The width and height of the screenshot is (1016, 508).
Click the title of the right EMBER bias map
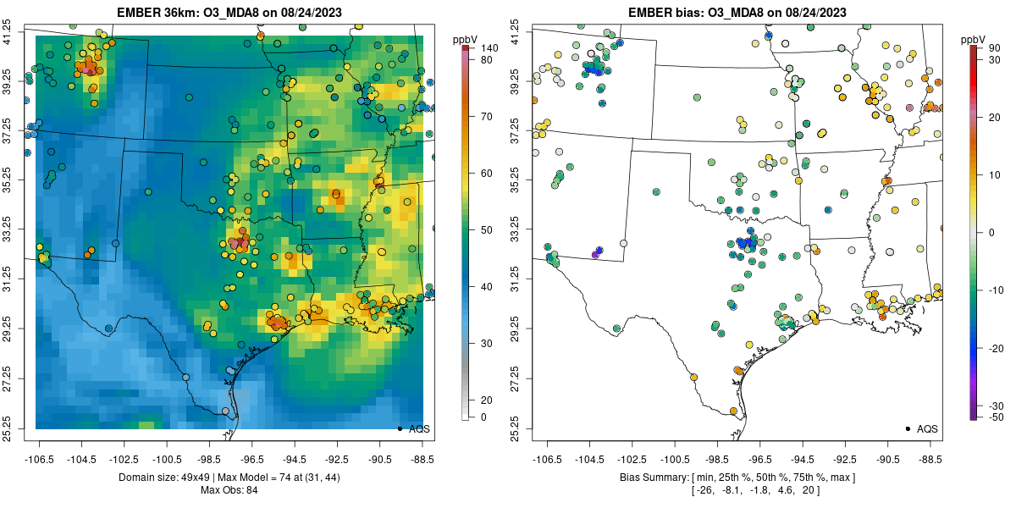[737, 13]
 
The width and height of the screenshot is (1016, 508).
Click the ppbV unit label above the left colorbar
[464, 39]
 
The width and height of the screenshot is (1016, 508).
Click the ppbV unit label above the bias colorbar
[973, 39]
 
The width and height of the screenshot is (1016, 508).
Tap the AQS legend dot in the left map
[400, 429]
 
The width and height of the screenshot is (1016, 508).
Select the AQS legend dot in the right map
[908, 429]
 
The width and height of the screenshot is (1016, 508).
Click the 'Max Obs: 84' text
[229, 490]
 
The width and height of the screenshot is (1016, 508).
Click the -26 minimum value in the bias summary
[704, 490]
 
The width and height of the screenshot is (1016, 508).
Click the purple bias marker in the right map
[595, 254]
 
